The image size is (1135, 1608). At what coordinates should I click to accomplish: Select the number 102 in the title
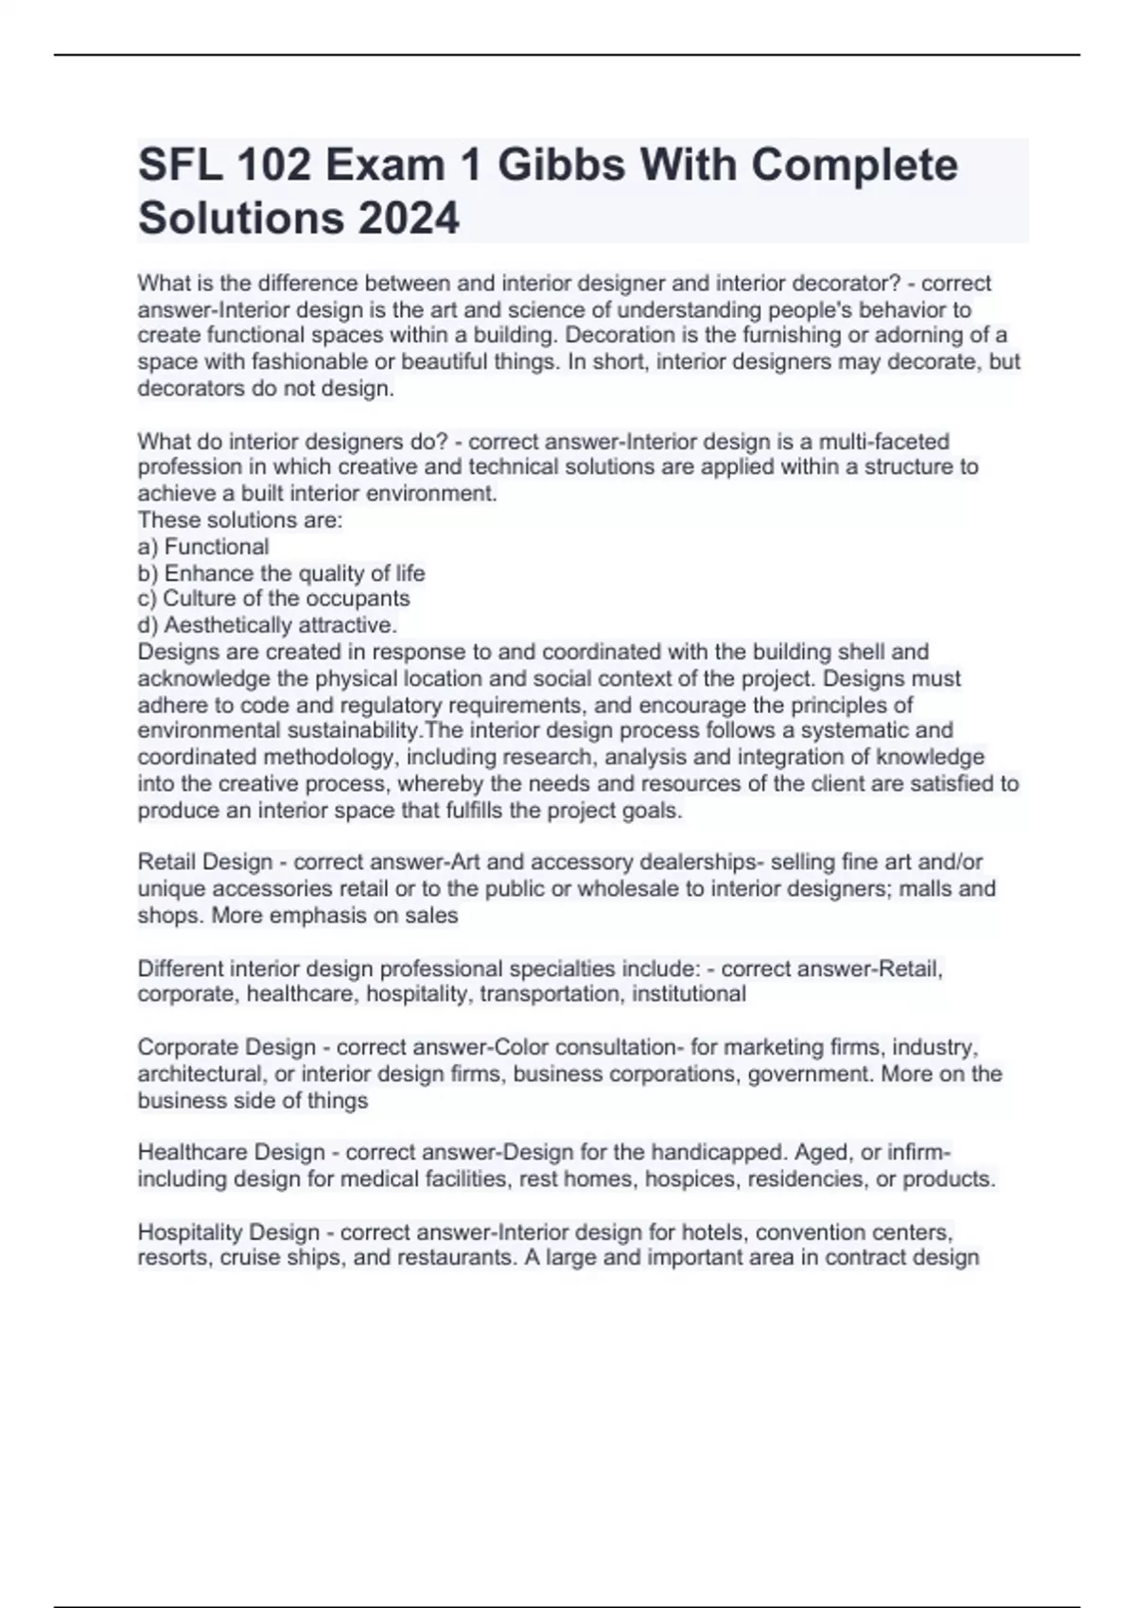click(x=277, y=166)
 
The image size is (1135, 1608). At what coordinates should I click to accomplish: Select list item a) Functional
click(x=203, y=547)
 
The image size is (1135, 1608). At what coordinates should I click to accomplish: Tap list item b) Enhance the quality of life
click(x=281, y=573)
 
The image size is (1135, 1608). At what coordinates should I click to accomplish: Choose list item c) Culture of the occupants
click(x=273, y=599)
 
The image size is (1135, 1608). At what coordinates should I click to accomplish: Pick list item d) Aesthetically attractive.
click(x=268, y=625)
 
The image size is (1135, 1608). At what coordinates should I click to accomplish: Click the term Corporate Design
click(x=227, y=1047)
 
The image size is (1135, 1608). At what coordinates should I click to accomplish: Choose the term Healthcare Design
click(x=232, y=1152)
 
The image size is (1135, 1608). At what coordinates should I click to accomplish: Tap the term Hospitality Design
click(x=229, y=1232)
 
